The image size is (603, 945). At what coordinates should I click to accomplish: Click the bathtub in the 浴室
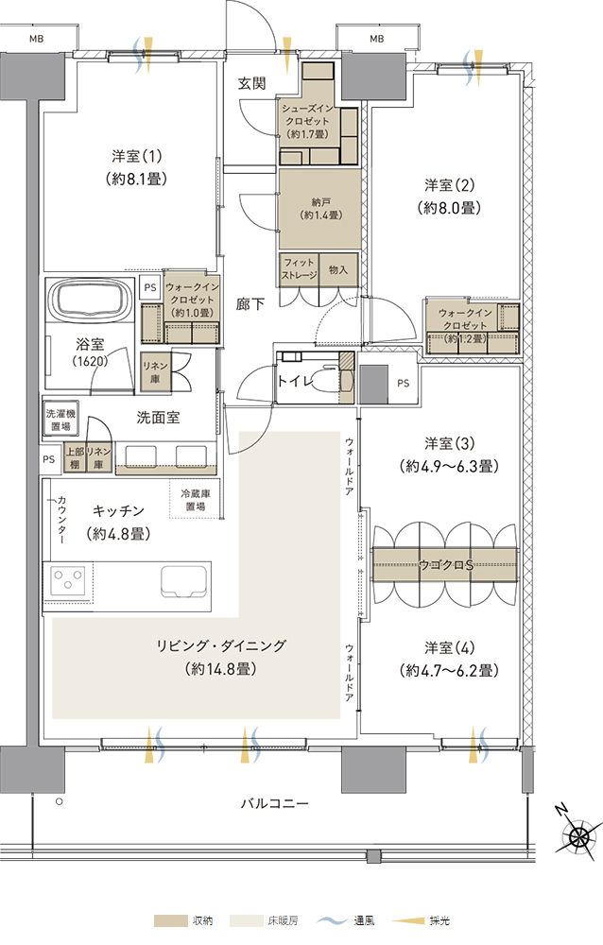(90, 300)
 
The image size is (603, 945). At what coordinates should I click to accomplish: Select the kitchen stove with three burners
(68, 582)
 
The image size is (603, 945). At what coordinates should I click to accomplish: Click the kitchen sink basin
(184, 581)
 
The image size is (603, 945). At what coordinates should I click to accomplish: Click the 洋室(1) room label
(137, 156)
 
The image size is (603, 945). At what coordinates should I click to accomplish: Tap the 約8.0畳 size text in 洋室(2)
(449, 208)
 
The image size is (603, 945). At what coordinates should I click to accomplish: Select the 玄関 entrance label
(251, 82)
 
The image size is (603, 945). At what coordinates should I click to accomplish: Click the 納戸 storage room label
(320, 202)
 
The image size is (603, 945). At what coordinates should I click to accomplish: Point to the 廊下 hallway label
(250, 303)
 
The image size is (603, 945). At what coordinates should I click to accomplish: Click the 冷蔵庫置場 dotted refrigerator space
(194, 498)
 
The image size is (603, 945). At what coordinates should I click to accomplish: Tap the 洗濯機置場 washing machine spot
(60, 420)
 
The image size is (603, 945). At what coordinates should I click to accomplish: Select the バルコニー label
(275, 803)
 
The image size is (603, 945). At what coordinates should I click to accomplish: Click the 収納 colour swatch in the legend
(171, 920)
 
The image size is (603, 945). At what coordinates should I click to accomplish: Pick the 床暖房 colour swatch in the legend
(246, 920)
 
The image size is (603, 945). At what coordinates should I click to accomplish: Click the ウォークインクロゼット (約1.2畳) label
(465, 325)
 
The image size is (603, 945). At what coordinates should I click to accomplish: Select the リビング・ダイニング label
(221, 645)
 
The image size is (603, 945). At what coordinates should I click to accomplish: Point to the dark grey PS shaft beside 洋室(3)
(374, 385)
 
